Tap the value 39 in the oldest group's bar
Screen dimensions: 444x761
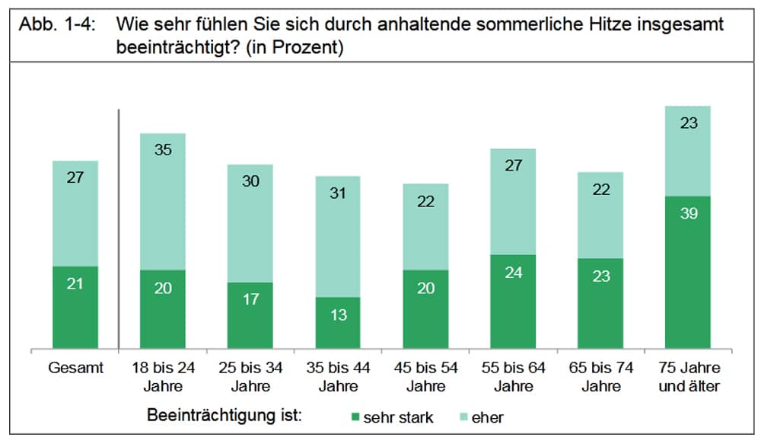[688, 213]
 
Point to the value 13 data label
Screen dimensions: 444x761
[338, 314]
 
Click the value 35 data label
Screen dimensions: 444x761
[163, 149]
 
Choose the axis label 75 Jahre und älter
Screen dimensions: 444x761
[688, 376]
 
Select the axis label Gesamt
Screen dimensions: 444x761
[75, 368]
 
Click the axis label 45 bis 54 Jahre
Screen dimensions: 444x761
[425, 376]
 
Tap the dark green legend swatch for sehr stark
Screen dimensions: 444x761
[355, 417]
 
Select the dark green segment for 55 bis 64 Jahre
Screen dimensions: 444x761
[513, 302]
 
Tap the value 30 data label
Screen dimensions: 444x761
[250, 180]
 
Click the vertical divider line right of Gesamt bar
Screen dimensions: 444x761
[119, 228]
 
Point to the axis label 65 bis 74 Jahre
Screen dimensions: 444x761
[600, 376]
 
